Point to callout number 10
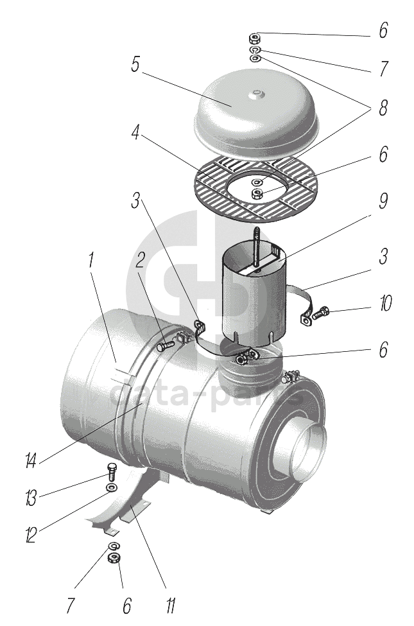[384, 303]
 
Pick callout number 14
[30, 460]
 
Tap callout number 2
[140, 260]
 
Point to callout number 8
[383, 108]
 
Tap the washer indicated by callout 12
[111, 489]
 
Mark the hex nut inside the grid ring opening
[257, 193]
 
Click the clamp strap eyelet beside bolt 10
[306, 317]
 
